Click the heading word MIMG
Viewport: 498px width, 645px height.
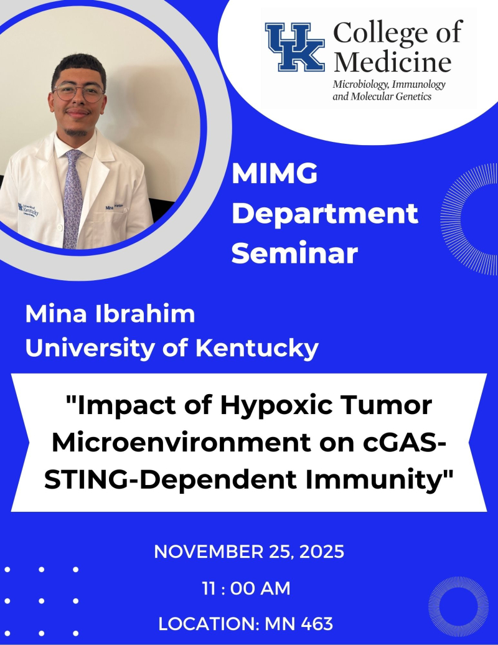(x=275, y=175)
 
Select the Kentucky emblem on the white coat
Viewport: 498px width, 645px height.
(x=27, y=210)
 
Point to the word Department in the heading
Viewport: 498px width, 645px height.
(x=328, y=214)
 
